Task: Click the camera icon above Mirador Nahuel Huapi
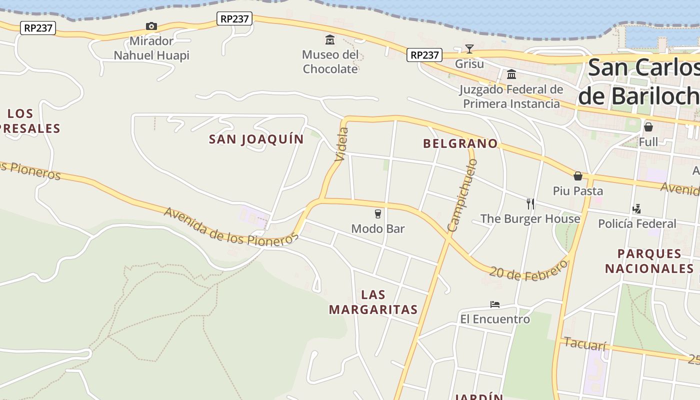[151, 26]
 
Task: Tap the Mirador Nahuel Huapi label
[151, 48]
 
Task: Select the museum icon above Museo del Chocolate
[330, 39]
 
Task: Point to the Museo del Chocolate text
[330, 61]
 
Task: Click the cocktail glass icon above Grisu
[469, 48]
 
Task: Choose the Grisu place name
[469, 64]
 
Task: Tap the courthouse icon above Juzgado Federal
[511, 74]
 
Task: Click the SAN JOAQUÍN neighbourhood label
[256, 139]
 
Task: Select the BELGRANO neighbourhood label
[460, 144]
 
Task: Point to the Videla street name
[342, 144]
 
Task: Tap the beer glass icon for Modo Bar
[378, 214]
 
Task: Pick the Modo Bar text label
[378, 229]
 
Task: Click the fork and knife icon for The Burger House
[530, 203]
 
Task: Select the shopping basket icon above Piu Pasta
[578, 176]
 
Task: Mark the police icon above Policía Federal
[637, 208]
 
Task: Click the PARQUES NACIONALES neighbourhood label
[649, 261]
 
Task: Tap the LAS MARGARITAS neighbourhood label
[373, 302]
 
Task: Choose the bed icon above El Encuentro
[495, 304]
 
